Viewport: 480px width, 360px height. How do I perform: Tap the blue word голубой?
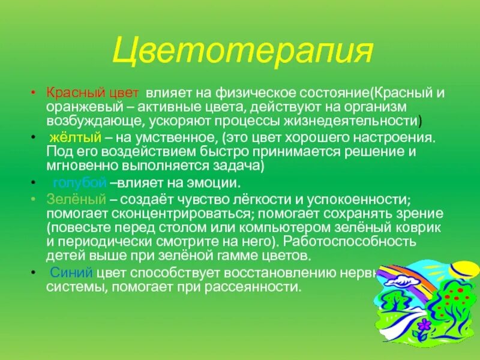point(80,182)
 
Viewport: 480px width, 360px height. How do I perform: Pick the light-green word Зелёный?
point(67,198)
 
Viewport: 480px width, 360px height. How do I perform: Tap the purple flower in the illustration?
point(425,326)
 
